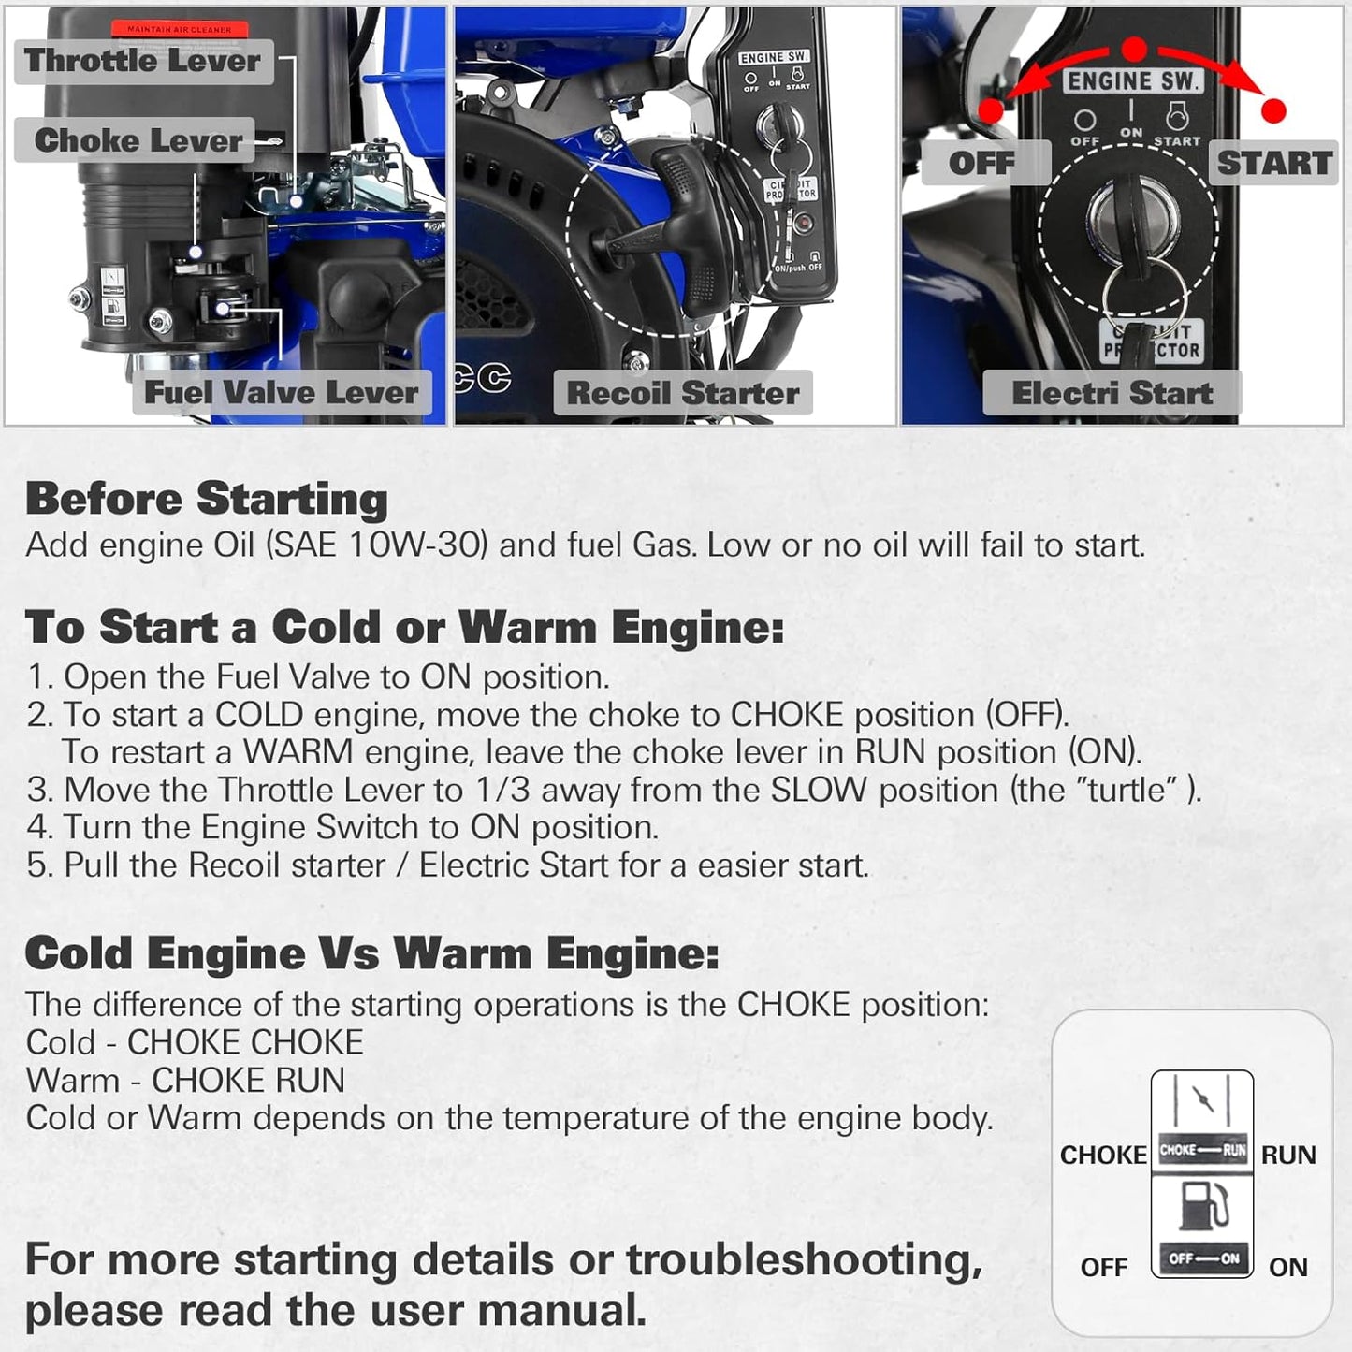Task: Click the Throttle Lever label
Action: point(142,61)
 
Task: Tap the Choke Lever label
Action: point(138,140)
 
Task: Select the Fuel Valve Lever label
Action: point(281,392)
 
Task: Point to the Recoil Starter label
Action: point(683,393)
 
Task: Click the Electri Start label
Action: point(1112,393)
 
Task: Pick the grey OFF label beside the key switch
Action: point(981,163)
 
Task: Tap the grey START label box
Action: point(1273,163)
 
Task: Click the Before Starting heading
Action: point(206,499)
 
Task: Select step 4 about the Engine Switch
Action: point(342,827)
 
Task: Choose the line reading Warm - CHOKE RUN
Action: point(185,1081)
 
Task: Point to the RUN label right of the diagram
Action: point(1288,1156)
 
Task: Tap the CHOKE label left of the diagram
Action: point(1102,1156)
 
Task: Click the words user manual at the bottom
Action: point(532,1311)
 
